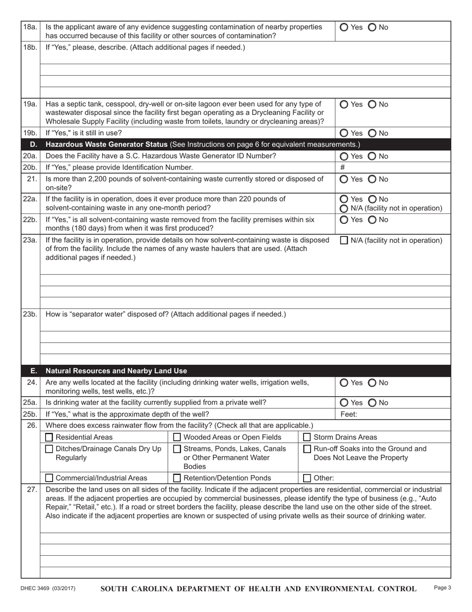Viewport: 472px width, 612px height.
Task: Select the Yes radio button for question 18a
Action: point(344,27)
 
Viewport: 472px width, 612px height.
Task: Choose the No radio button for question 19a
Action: point(372,104)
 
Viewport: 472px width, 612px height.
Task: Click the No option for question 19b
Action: point(372,133)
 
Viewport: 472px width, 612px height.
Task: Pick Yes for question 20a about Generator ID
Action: point(344,156)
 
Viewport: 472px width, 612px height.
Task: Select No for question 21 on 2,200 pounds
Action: point(372,179)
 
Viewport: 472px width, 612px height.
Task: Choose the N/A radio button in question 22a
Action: point(344,208)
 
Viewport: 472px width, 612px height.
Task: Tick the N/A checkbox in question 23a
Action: point(344,241)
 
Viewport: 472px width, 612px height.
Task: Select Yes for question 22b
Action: point(344,220)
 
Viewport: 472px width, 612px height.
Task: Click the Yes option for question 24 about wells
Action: point(344,383)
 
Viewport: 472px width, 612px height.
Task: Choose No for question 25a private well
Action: point(372,403)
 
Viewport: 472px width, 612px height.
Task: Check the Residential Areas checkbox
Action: point(49,437)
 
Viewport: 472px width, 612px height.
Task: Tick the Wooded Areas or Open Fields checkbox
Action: point(177,437)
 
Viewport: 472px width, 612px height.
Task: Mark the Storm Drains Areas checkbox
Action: point(307,437)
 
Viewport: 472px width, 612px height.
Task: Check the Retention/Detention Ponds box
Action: point(177,478)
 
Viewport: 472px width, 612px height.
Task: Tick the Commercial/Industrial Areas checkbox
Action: point(49,478)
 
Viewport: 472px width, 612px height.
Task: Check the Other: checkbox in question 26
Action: point(307,478)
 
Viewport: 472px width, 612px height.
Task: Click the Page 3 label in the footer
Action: point(442,588)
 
